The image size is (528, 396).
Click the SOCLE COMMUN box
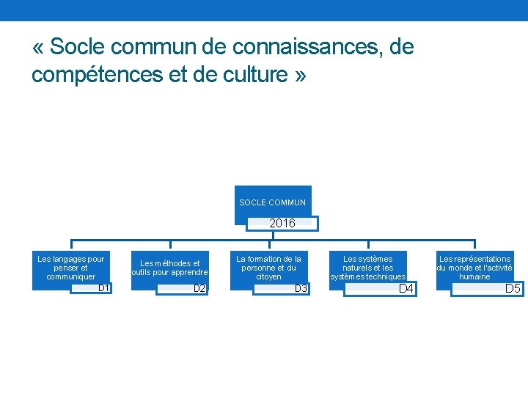pyautogui.click(x=273, y=202)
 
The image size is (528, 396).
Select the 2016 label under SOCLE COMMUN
pyautogui.click(x=282, y=224)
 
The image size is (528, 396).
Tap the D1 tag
pyautogui.click(x=103, y=288)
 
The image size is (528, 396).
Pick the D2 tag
pyautogui.click(x=199, y=289)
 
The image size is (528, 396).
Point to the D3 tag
pyautogui.click(x=301, y=289)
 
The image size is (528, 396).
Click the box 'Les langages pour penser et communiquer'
pyautogui.click(x=71, y=268)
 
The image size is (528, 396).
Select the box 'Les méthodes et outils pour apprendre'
pyautogui.click(x=170, y=268)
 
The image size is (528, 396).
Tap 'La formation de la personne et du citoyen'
pyautogui.click(x=268, y=268)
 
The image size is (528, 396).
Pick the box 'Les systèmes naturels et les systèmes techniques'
pyautogui.click(x=368, y=268)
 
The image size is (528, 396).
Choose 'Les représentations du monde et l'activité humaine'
pyautogui.click(x=474, y=268)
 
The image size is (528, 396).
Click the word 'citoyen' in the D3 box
pyautogui.click(x=269, y=276)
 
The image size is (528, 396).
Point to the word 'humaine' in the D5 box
pyautogui.click(x=474, y=277)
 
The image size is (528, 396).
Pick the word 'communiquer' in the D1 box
pyautogui.click(x=71, y=276)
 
